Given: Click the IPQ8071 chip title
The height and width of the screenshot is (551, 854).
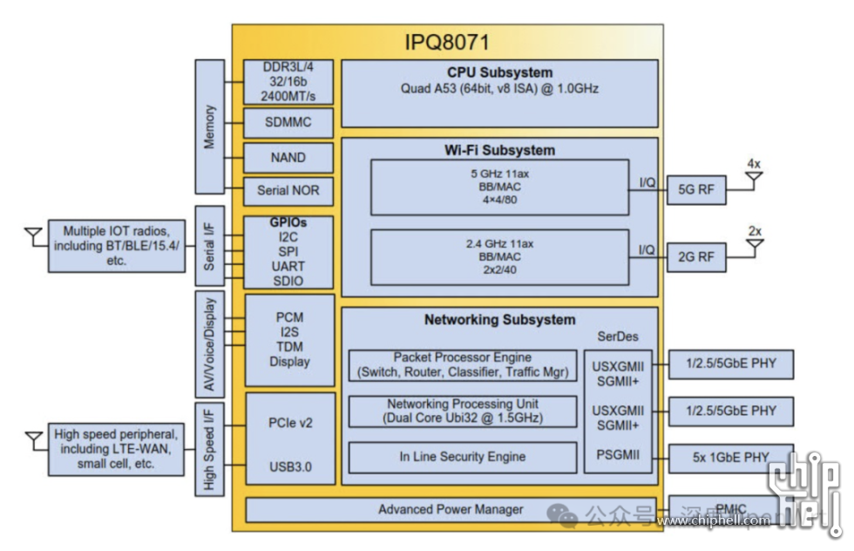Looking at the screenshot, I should point(447,42).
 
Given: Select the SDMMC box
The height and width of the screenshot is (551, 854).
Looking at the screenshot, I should point(288,123).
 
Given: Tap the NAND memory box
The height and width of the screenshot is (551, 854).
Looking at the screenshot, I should point(288,158).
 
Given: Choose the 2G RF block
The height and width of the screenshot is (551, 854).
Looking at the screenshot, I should point(695,256).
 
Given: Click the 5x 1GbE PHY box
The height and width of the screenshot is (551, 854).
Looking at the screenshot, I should point(730,457).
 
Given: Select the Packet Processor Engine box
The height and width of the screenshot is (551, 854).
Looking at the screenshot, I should point(462,365).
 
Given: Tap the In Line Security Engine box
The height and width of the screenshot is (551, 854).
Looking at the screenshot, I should point(462,456).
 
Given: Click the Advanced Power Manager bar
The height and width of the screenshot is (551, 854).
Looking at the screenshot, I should point(451,509).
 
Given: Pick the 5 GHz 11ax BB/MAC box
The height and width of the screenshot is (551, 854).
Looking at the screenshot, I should point(499,187).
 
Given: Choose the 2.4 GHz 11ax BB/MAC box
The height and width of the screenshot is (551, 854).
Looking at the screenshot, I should point(499,257).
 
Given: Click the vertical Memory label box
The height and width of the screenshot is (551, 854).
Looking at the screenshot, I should point(209,127).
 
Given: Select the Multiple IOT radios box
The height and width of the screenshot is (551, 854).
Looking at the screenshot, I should point(118,246).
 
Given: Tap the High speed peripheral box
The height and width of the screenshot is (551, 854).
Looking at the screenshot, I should point(118,449).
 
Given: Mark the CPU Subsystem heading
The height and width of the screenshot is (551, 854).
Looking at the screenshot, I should point(499,73).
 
